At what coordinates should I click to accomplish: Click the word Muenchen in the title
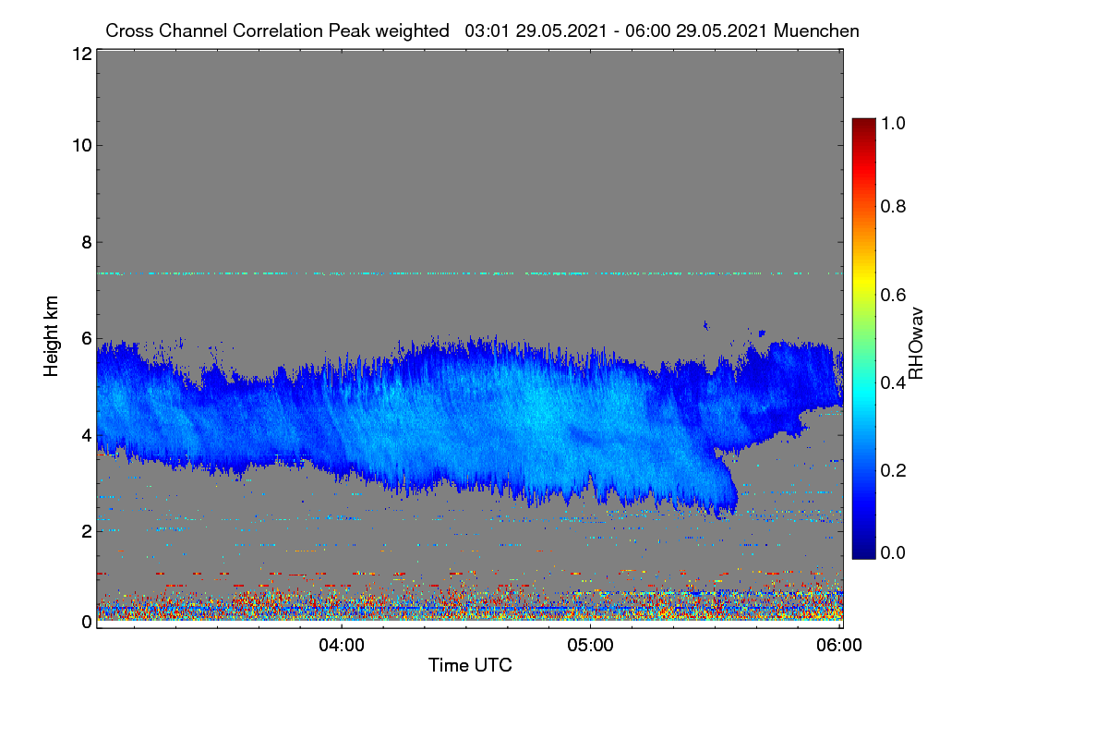pyautogui.click(x=816, y=30)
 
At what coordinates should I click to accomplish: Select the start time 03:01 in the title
pyautogui.click(x=488, y=30)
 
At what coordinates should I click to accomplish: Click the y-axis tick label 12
pyautogui.click(x=82, y=54)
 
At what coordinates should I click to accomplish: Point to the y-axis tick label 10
pyautogui.click(x=82, y=146)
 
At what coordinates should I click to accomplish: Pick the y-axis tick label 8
pyautogui.click(x=87, y=242)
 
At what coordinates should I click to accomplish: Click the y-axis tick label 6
pyautogui.click(x=87, y=339)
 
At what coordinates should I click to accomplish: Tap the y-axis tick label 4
pyautogui.click(x=87, y=436)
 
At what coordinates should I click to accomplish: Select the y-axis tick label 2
pyautogui.click(x=87, y=531)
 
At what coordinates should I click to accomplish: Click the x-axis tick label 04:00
pyautogui.click(x=342, y=645)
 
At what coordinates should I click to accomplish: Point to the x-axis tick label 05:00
pyautogui.click(x=590, y=645)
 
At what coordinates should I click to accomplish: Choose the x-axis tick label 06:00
pyautogui.click(x=839, y=645)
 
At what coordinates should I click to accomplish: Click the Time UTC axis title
pyautogui.click(x=470, y=665)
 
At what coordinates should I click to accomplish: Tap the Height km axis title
pyautogui.click(x=51, y=336)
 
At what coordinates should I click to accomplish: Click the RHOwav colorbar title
pyautogui.click(x=916, y=344)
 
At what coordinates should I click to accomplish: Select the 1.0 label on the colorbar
pyautogui.click(x=893, y=123)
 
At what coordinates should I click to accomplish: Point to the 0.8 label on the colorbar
pyautogui.click(x=893, y=206)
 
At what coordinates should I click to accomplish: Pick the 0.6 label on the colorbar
pyautogui.click(x=893, y=295)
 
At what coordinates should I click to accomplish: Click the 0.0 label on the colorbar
pyautogui.click(x=893, y=552)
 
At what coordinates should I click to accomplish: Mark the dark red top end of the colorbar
pyautogui.click(x=863, y=120)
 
